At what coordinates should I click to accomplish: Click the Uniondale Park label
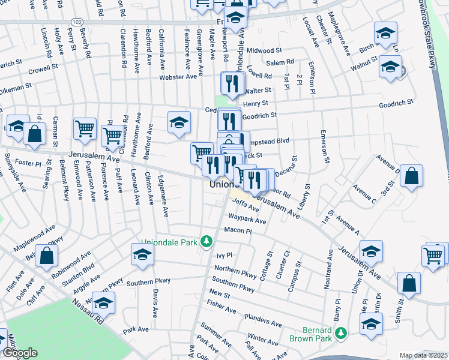tap(169, 242)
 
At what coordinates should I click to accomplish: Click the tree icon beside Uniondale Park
tap(206, 241)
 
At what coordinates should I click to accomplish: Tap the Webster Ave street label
tap(178, 77)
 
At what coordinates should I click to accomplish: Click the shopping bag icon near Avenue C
tap(411, 176)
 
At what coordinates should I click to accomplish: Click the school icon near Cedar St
tap(179, 122)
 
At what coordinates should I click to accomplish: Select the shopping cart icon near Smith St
tap(433, 255)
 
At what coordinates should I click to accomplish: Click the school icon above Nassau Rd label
tap(103, 304)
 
